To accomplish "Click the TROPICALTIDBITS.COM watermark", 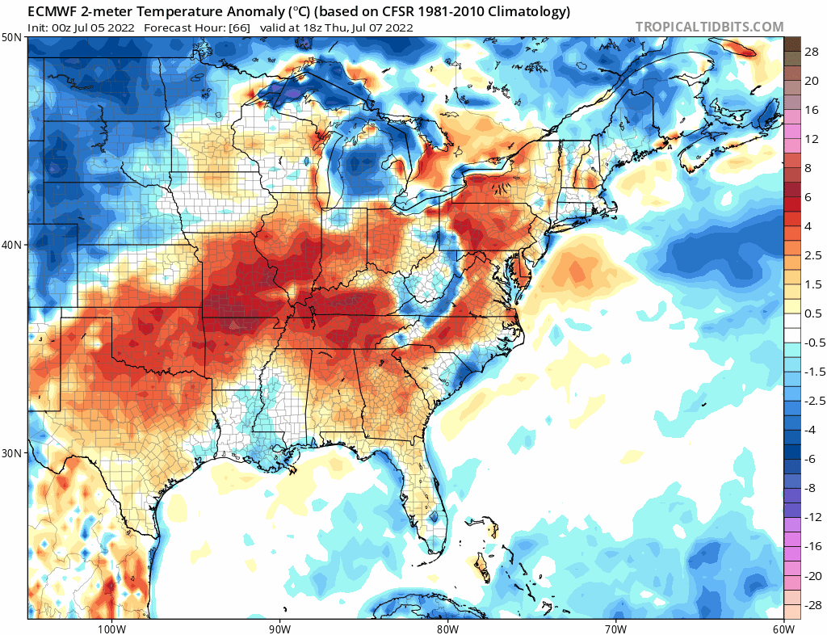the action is pyautogui.click(x=709, y=27).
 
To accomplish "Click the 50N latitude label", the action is pyautogui.click(x=11, y=38).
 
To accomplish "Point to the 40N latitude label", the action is pyautogui.click(x=11, y=246).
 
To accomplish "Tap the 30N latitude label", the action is pyautogui.click(x=11, y=453).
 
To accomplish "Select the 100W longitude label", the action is pyautogui.click(x=111, y=629).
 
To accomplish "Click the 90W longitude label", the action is pyautogui.click(x=279, y=629).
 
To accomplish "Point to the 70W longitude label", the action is pyautogui.click(x=615, y=629).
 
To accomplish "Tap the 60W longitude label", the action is pyautogui.click(x=783, y=629).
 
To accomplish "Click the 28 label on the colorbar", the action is pyautogui.click(x=812, y=52).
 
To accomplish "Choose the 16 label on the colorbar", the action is pyautogui.click(x=812, y=110).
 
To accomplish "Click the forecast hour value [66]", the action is pyautogui.click(x=241, y=28).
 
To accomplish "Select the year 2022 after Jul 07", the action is pyautogui.click(x=399, y=28).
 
